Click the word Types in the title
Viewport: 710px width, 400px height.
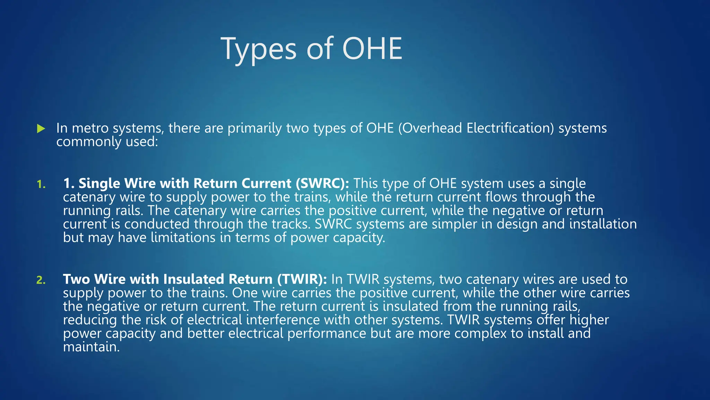(259, 49)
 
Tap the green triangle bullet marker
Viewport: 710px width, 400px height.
(41, 129)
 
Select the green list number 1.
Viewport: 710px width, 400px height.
(41, 184)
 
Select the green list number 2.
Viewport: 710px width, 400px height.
(41, 280)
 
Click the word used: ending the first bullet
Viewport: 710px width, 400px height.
(142, 142)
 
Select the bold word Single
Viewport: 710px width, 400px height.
(99, 183)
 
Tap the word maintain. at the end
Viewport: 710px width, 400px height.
(91, 347)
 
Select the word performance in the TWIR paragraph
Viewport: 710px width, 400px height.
(327, 333)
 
